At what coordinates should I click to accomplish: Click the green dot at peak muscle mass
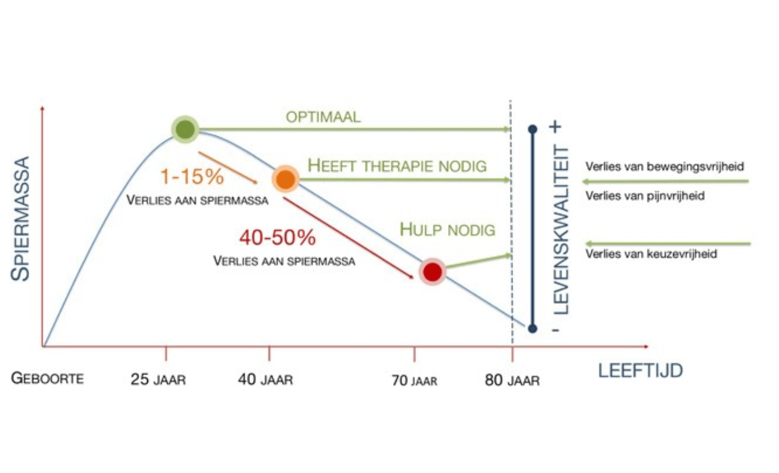click(185, 129)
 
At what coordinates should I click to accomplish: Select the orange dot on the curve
click(285, 179)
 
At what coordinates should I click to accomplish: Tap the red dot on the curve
click(432, 271)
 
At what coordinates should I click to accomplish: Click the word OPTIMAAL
click(323, 117)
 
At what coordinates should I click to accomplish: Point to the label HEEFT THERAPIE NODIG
click(397, 166)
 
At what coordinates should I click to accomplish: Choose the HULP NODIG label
click(447, 229)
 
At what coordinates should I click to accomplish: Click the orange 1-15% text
click(192, 177)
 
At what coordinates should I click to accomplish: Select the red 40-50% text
click(277, 238)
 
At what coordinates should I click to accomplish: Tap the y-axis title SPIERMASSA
click(21, 219)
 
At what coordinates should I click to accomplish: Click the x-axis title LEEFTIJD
click(640, 371)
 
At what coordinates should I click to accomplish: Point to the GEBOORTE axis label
click(47, 378)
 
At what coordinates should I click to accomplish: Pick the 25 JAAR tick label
click(158, 380)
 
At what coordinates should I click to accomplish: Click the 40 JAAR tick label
click(266, 380)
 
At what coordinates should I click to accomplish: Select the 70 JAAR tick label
click(414, 381)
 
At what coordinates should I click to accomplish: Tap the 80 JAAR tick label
click(512, 381)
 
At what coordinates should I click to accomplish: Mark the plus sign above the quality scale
click(555, 127)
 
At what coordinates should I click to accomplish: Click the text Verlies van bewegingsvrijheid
click(664, 167)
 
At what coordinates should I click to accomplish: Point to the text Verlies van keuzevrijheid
click(651, 254)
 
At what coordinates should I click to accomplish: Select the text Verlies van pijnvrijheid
click(645, 196)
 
